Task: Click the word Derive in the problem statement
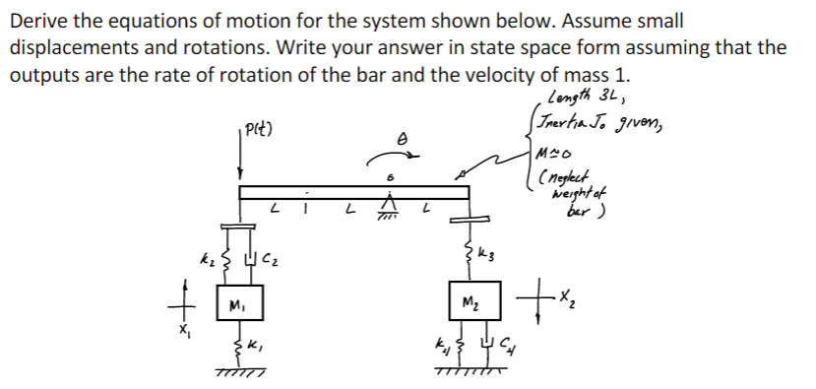point(35,20)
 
